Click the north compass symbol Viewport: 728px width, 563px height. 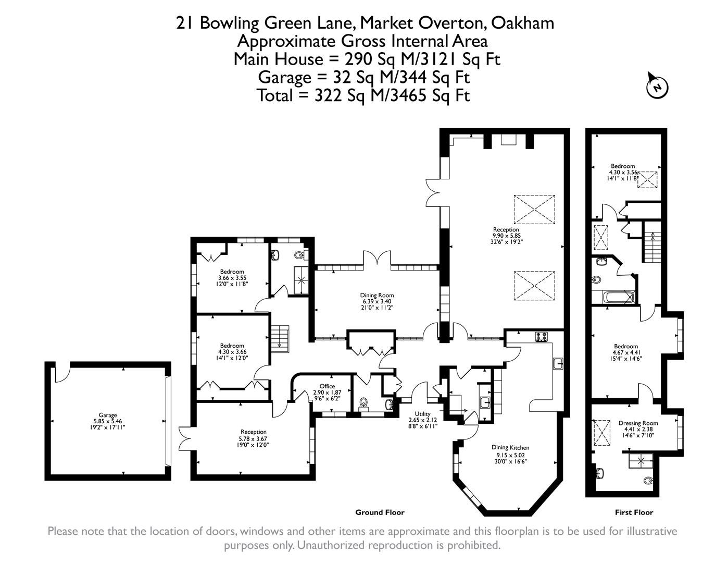657,86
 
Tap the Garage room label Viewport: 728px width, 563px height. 108,415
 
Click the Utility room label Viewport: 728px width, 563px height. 422,414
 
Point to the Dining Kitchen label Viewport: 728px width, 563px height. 510,447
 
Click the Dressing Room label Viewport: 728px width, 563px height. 638,423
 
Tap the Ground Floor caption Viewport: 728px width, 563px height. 380,512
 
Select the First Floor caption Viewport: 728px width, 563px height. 634,512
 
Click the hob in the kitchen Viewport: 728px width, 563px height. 542,337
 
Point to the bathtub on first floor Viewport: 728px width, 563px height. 618,298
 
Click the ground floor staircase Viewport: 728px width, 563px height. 280,338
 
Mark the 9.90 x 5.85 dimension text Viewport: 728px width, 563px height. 506,236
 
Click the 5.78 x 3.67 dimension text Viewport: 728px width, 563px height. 254,438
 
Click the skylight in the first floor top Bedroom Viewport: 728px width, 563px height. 648,180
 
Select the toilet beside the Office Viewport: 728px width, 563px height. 364,404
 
